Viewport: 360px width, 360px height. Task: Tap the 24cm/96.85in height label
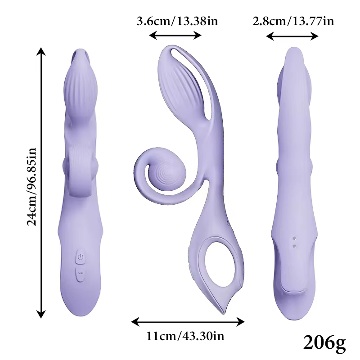pyautogui.click(x=31, y=187)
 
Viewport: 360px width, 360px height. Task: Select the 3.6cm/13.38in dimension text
pyautogui.click(x=177, y=21)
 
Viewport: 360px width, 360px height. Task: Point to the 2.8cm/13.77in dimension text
pyautogui.click(x=293, y=21)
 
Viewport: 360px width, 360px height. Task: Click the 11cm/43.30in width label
pyautogui.click(x=185, y=337)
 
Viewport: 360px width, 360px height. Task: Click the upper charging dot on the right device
pyautogui.click(x=294, y=238)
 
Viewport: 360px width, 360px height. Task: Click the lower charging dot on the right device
pyautogui.click(x=294, y=246)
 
